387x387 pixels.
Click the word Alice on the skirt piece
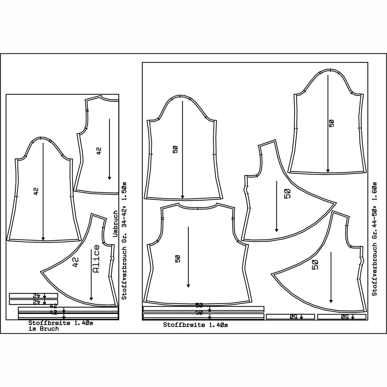pyautogui.click(x=96, y=259)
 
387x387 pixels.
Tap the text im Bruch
pyautogui.click(x=44, y=329)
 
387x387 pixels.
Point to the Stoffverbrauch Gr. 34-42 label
pyautogui.click(x=125, y=241)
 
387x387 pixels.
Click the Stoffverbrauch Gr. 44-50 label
pyautogui.click(x=374, y=239)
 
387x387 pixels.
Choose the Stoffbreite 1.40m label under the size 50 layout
pyautogui.click(x=195, y=325)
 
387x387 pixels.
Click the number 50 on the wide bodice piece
pyautogui.click(x=177, y=259)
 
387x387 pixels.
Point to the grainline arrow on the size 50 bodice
pyautogui.click(x=188, y=257)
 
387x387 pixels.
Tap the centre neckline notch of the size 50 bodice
pyautogui.click(x=198, y=209)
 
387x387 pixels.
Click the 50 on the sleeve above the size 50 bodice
pyautogui.click(x=175, y=149)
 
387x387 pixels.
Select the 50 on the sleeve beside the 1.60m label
pyautogui.click(x=331, y=123)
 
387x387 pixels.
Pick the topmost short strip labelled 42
pyautogui.click(x=33, y=296)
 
